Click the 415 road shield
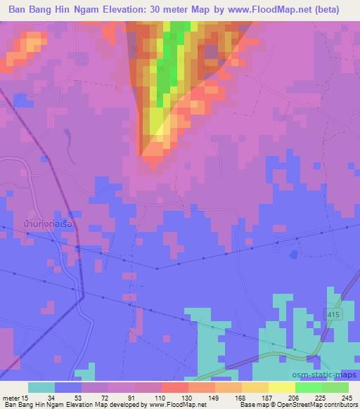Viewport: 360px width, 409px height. coord(334,314)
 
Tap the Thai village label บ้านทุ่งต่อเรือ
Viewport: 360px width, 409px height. coord(49,224)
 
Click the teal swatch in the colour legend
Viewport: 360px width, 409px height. coord(41,387)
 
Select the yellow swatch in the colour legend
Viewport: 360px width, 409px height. coord(281,387)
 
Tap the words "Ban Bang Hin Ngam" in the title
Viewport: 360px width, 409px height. coord(53,10)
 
